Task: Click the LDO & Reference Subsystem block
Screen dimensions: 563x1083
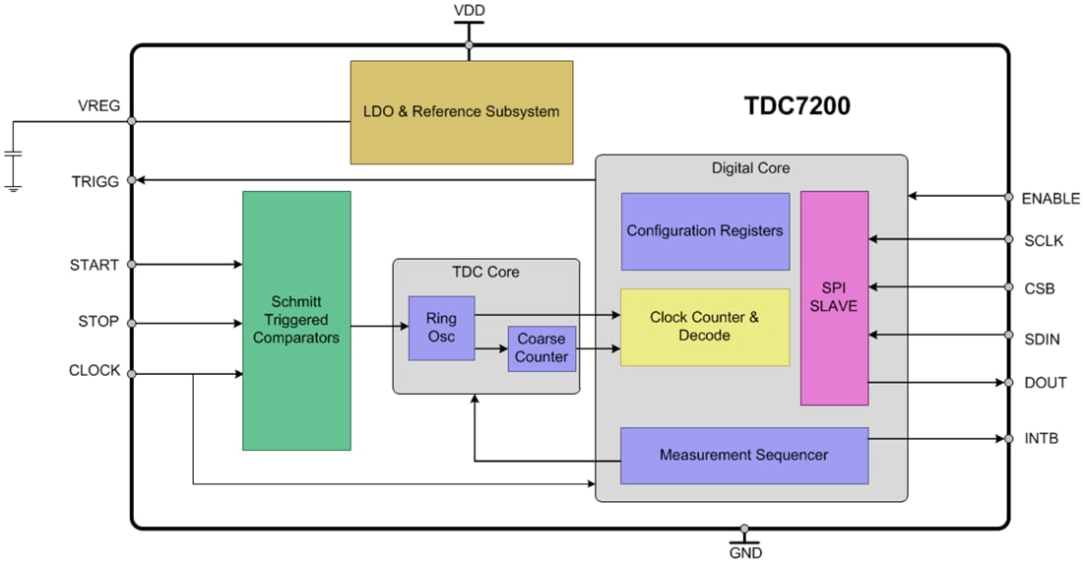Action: (461, 111)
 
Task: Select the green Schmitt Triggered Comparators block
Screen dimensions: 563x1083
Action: (296, 321)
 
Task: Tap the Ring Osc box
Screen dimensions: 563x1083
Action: (441, 328)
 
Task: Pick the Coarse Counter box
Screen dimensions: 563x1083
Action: (541, 348)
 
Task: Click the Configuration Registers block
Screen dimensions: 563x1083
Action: (705, 231)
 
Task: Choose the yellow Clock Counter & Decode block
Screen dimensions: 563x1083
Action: (705, 327)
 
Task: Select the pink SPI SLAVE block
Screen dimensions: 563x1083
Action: (834, 297)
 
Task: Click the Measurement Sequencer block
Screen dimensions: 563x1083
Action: (743, 455)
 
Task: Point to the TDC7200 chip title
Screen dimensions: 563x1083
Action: (796, 106)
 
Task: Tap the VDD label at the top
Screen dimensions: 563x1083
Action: (469, 11)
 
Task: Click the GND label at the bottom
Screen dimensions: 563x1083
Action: (745, 552)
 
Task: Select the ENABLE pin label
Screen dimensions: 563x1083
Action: (1051, 198)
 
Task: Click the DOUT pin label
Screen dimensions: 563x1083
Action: (1044, 383)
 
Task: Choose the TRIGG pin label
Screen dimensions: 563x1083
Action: (96, 181)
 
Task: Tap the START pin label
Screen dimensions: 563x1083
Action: (95, 265)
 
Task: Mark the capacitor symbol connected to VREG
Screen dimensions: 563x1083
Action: (13, 155)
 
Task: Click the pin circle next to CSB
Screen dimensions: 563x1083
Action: (1008, 287)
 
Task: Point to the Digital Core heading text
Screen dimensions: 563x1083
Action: (750, 168)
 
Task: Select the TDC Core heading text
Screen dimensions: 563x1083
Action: (485, 272)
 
